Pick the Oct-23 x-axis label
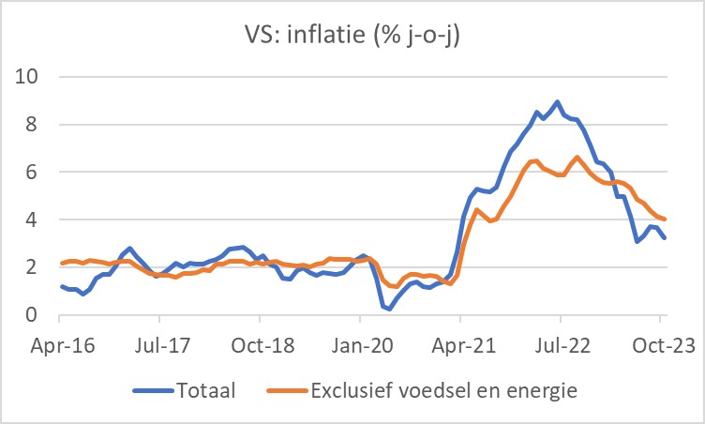coord(659,344)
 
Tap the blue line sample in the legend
coord(152,388)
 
